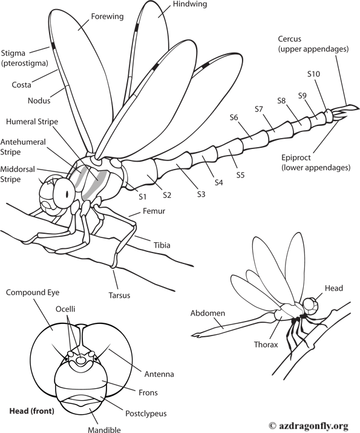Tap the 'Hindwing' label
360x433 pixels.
click(x=189, y=5)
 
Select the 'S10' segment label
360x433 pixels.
click(x=313, y=74)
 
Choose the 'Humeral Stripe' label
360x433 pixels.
click(x=32, y=122)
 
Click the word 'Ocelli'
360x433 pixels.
click(x=65, y=309)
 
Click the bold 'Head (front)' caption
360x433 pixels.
click(x=31, y=411)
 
